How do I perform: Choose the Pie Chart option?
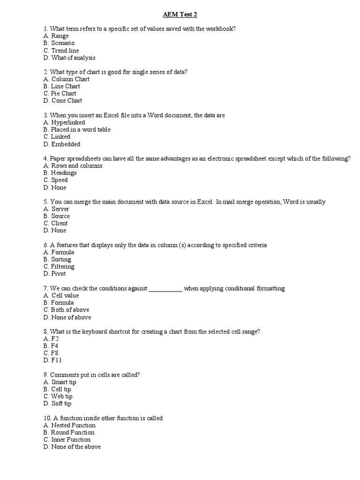click(x=60, y=93)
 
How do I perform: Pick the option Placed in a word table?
click(x=77, y=129)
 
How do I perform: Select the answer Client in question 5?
click(x=55, y=223)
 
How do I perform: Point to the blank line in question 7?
click(x=165, y=289)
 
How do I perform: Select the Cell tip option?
click(x=57, y=389)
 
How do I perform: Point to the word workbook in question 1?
click(x=219, y=29)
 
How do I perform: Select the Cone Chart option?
click(x=62, y=100)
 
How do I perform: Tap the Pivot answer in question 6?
click(x=54, y=273)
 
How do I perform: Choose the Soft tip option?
click(x=57, y=403)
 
